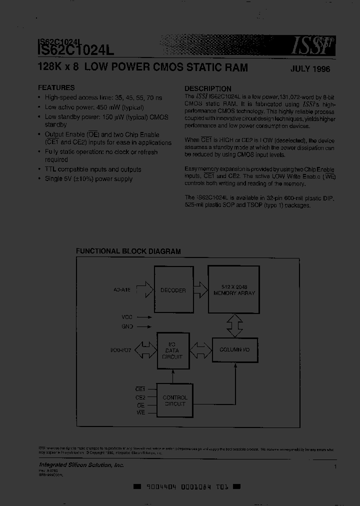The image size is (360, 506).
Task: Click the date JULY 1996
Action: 310,69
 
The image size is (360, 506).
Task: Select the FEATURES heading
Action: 56,87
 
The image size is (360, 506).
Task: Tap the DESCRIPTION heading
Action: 207,88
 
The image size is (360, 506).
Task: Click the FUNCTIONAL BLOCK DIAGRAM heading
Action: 128,251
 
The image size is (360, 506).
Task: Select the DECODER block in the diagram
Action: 173,290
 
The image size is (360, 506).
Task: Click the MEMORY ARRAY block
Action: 234,290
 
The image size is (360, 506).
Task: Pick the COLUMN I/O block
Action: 234,350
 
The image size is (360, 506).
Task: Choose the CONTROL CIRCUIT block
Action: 175,400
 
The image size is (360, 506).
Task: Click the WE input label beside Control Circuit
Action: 140,412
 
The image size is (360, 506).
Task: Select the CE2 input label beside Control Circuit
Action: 140,397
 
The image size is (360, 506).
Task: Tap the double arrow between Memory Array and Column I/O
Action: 234,325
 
